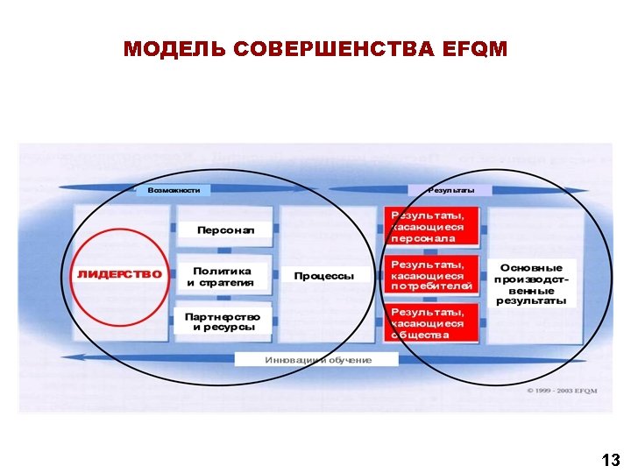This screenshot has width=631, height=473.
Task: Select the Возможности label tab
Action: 174,190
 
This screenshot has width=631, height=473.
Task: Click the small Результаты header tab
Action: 451,190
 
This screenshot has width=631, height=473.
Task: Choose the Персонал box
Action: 225,230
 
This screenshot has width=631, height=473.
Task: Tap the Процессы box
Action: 324,276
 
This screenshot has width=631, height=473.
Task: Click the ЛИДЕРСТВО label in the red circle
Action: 119,274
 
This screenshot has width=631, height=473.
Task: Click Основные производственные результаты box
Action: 531,283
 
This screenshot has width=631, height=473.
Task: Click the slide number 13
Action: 611,459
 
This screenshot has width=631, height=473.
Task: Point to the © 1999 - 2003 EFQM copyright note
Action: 562,390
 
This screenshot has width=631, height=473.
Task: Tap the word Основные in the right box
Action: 532,266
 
